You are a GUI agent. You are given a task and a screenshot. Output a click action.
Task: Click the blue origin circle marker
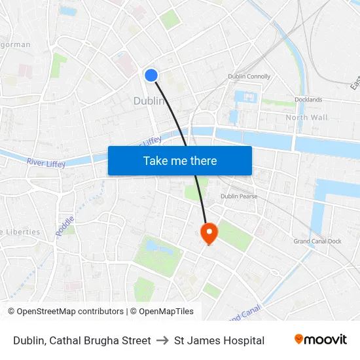[151, 75]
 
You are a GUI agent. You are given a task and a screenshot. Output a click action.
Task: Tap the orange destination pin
[209, 233]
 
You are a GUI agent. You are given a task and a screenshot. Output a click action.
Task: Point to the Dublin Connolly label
[249, 77]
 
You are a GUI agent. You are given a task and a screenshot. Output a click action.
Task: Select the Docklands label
[308, 99]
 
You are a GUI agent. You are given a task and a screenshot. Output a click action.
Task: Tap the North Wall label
[306, 117]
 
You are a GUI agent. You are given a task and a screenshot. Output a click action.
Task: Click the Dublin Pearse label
[239, 196]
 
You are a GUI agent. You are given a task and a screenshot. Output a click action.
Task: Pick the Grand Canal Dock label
[317, 242]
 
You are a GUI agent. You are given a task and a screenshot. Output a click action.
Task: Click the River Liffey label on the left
[46, 162]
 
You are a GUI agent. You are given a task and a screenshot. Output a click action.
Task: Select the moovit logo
[320, 340]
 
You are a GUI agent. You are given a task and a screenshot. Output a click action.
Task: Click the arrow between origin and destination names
[162, 340]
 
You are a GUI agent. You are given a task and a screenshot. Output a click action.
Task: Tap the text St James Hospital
[219, 340]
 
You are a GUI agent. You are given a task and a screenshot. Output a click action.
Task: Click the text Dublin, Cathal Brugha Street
[82, 340]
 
